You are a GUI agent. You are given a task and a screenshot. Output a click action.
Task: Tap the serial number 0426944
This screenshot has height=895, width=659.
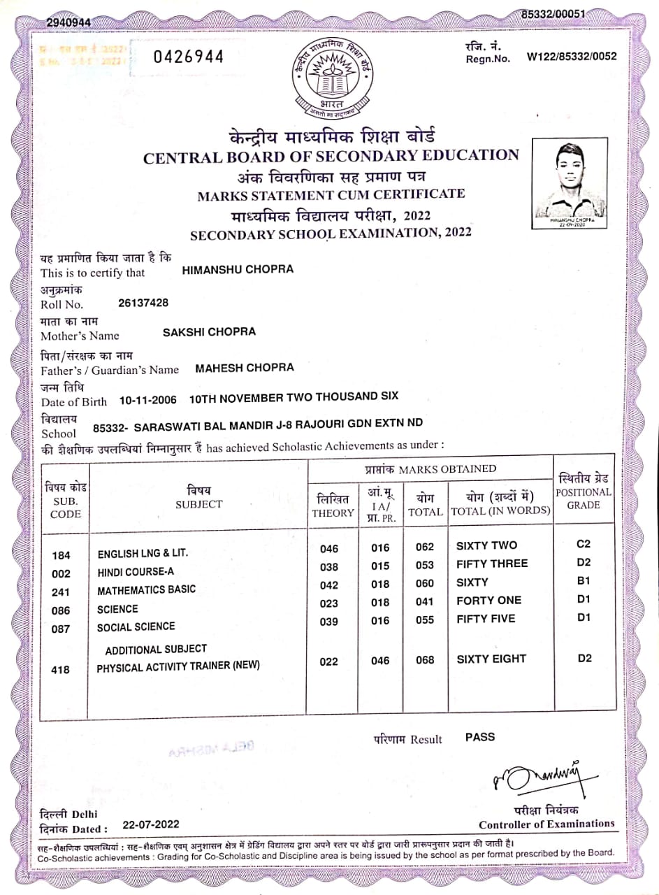coord(189,57)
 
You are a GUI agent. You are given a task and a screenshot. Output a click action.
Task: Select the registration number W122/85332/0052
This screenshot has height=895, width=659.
coord(572,57)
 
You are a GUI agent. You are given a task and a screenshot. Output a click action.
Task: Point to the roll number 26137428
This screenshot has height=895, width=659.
coord(144,303)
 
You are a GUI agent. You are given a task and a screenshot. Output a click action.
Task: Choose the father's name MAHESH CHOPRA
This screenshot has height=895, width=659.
coord(245,367)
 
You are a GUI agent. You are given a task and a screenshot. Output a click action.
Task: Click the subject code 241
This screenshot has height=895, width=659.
coord(61,592)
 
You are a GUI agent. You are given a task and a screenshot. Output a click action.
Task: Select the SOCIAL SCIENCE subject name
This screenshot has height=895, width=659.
coord(136,626)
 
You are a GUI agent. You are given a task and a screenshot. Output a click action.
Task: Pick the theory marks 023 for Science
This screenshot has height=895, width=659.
coord(328,603)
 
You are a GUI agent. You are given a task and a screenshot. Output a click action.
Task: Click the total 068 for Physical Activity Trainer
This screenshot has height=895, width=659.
coord(425,660)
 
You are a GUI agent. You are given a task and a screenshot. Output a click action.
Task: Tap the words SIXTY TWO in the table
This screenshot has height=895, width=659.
coord(486,545)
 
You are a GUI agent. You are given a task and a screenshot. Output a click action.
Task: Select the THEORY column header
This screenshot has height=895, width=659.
coord(333,506)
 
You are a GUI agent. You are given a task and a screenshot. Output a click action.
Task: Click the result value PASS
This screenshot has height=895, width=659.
coord(480,737)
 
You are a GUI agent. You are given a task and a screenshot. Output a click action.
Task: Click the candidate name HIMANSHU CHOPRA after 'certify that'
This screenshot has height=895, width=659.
coord(238,269)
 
